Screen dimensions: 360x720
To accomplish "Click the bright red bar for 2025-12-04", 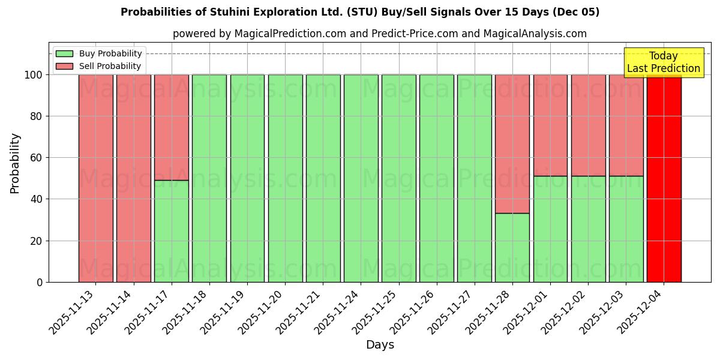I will [x=664, y=178].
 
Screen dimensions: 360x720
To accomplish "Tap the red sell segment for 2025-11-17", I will [x=172, y=127].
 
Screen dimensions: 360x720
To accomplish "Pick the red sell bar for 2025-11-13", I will [x=96, y=178].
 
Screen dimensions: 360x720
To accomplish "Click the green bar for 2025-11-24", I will [x=361, y=178].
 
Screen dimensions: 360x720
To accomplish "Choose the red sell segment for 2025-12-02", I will [x=588, y=125].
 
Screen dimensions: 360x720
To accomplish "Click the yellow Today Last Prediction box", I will [x=663, y=62].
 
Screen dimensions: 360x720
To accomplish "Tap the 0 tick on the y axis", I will [x=40, y=282].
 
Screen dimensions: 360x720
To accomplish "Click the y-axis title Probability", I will [x=15, y=163].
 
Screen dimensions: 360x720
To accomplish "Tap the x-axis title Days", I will [x=380, y=345].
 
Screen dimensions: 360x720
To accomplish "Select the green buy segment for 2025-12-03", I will [x=626, y=229].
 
